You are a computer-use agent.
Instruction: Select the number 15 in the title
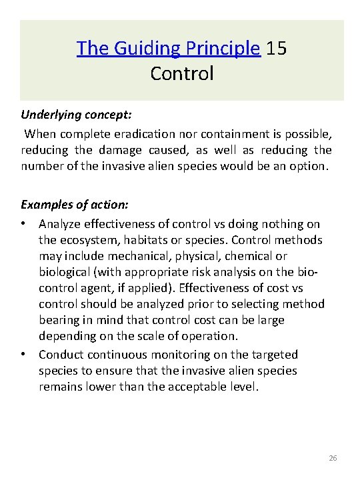point(277,49)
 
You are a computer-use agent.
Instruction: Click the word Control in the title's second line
point(182,73)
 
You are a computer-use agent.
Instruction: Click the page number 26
point(334,459)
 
